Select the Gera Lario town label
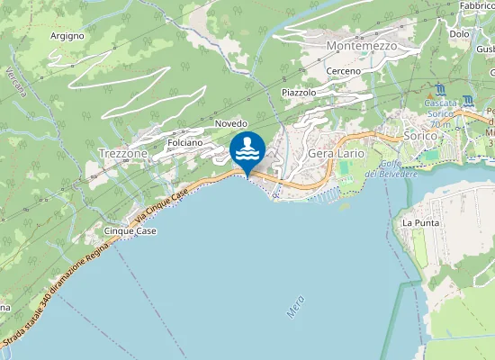(x=336, y=153)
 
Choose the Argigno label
(x=67, y=36)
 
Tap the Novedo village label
(x=231, y=122)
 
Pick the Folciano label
(x=184, y=142)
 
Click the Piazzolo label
(x=299, y=93)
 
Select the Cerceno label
(x=344, y=71)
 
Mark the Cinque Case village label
(x=130, y=231)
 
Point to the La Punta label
(x=419, y=222)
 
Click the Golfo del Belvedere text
(x=397, y=167)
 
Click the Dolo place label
(x=459, y=34)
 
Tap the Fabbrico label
(x=477, y=6)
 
